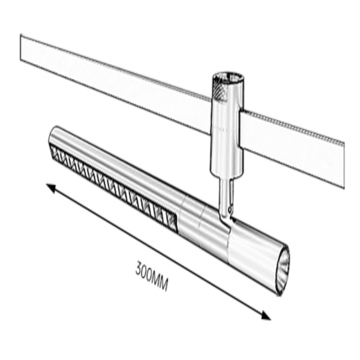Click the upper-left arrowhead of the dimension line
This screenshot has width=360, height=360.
point(51,187)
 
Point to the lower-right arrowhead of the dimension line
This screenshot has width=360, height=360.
point(266,316)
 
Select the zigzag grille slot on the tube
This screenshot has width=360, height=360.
point(114,185)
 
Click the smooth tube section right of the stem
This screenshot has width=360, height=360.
point(252,246)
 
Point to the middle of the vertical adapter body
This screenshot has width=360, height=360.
point(226,129)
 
